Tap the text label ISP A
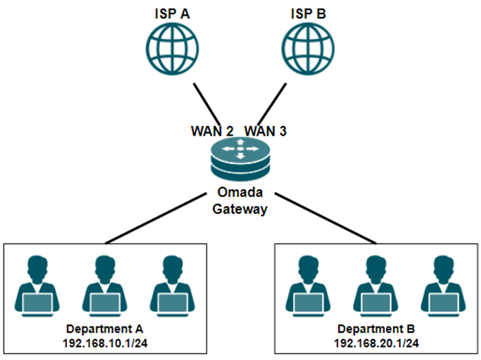171,12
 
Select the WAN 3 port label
266,131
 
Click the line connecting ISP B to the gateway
271,101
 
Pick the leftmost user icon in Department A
36,285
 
